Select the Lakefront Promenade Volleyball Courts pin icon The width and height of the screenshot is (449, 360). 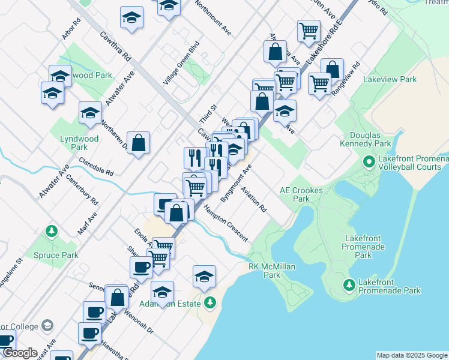369,162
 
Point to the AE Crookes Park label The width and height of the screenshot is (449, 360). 301,194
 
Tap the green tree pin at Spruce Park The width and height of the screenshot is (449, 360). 52,230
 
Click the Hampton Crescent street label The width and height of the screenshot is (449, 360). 225,223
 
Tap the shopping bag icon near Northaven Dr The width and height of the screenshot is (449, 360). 138,143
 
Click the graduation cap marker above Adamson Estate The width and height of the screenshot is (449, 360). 204,277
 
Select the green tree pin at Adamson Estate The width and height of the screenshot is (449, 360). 209,302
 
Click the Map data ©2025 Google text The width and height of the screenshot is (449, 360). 412,355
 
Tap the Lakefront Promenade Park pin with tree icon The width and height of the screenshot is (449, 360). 348,284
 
